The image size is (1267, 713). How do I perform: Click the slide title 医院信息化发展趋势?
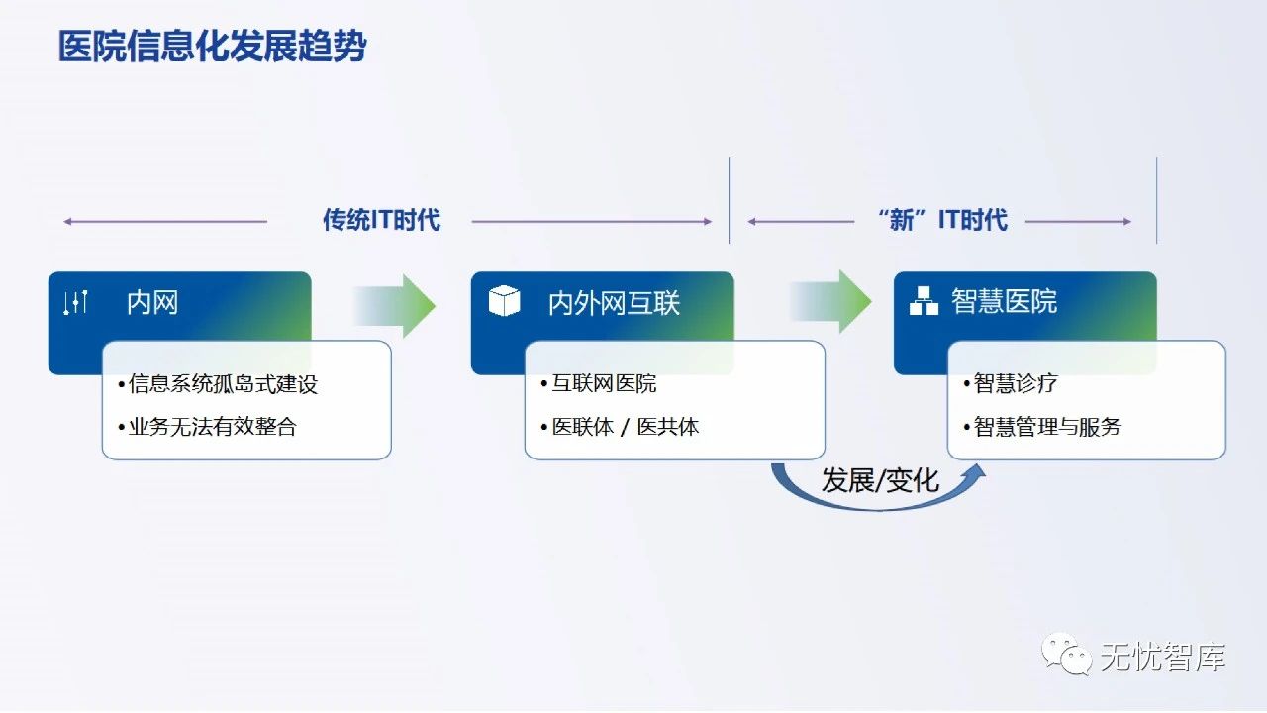tap(212, 47)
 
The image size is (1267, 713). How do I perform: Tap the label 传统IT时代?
tap(381, 220)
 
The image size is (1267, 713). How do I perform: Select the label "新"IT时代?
tap(941, 220)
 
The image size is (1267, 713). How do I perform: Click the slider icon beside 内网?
tap(76, 302)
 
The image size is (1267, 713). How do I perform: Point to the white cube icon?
tap(505, 301)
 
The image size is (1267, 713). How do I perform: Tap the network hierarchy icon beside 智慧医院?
tap(923, 301)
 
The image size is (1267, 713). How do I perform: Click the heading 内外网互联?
tap(614, 302)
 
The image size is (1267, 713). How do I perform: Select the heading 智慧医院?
tap(1004, 301)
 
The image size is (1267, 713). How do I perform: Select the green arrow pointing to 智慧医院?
tap(832, 301)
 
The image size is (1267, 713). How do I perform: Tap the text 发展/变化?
tap(880, 480)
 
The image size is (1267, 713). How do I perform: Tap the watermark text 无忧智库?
tap(1163, 657)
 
